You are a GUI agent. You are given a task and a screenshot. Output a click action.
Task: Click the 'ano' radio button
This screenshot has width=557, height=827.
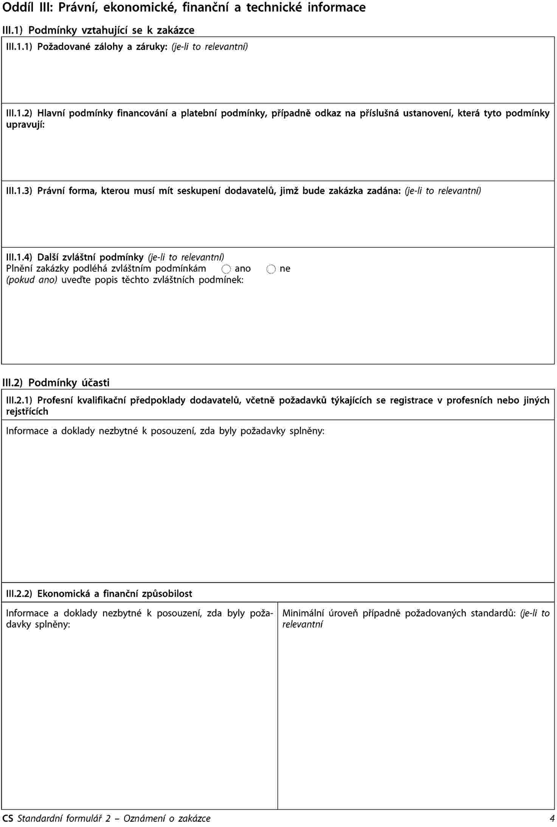pos(226,269)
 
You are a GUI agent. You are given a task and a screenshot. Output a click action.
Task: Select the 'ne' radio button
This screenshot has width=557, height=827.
pos(271,269)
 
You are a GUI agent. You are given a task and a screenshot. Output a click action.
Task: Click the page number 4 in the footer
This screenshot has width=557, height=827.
pos(552,818)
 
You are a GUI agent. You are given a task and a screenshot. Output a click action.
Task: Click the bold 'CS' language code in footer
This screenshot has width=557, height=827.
pos(8,818)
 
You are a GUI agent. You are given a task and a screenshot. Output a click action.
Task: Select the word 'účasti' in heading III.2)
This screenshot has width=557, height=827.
pos(96,383)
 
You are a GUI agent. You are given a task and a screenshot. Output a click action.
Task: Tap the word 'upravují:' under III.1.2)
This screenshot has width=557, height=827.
pos(25,124)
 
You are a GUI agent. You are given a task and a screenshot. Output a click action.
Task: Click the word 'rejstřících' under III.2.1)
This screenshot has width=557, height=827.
pos(27,411)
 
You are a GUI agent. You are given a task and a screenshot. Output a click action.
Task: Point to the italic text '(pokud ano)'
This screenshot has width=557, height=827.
pos(32,280)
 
